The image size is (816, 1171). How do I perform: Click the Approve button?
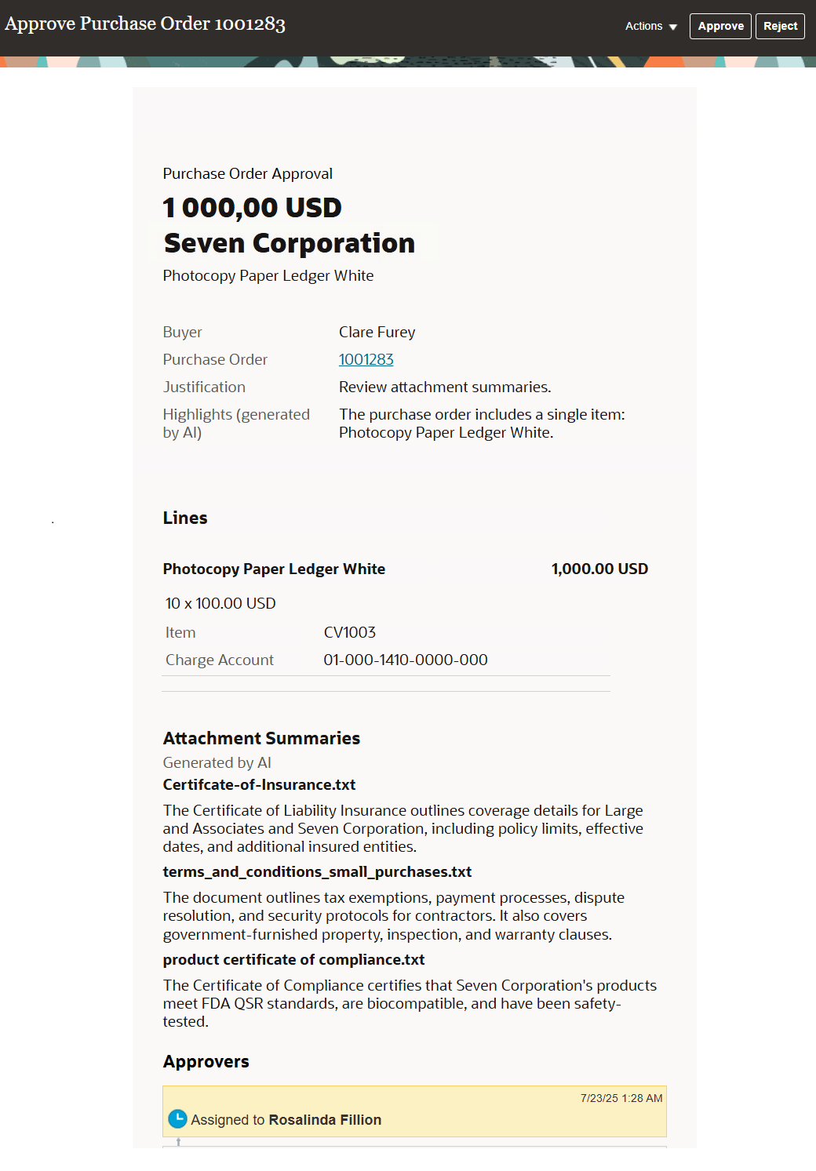click(720, 26)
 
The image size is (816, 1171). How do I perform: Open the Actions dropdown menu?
click(650, 26)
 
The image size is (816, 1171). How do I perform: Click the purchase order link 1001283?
click(366, 359)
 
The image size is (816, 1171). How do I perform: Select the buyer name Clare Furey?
click(377, 332)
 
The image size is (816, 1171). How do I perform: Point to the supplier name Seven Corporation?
click(289, 243)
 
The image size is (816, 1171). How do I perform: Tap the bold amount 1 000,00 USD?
click(252, 208)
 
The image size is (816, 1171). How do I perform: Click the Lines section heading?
click(185, 518)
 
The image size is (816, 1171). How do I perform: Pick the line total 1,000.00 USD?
click(599, 569)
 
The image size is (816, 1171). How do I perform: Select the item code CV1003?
click(349, 632)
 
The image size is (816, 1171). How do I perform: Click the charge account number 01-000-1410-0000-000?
click(405, 660)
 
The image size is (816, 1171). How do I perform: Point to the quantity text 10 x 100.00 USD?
click(220, 603)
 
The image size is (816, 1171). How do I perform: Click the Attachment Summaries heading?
click(261, 738)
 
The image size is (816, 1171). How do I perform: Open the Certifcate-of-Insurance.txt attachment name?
click(259, 784)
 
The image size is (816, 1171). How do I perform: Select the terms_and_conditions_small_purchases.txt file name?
click(317, 871)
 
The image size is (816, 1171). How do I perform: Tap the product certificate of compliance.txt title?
click(293, 959)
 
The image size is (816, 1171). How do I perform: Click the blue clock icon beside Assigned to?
click(178, 1118)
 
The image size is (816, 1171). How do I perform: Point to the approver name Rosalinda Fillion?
click(325, 1119)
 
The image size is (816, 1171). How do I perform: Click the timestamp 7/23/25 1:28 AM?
click(621, 1098)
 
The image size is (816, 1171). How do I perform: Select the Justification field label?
click(204, 387)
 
